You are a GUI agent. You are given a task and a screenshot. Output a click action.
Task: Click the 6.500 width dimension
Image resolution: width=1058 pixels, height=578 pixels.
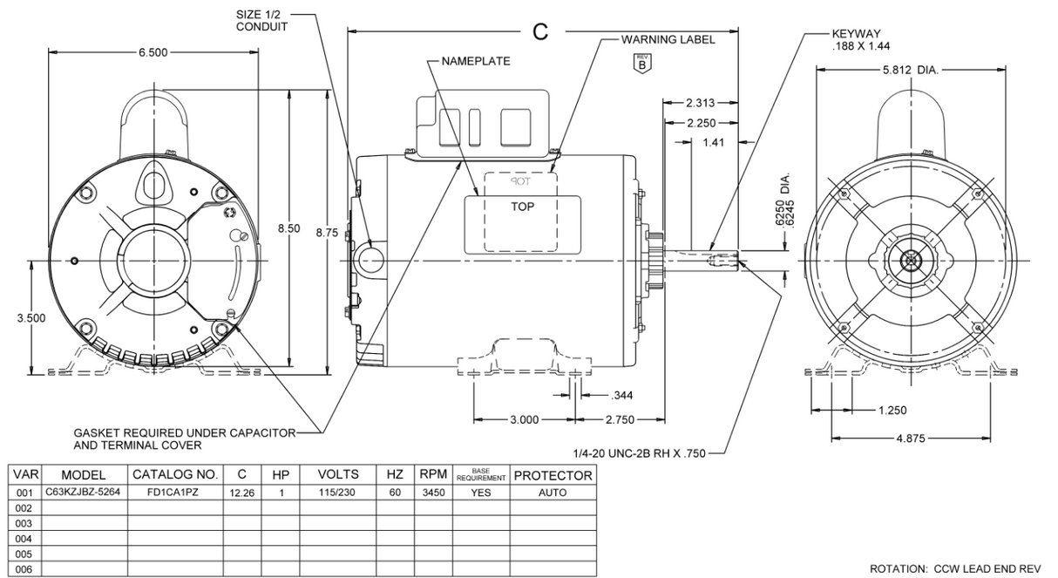point(157,53)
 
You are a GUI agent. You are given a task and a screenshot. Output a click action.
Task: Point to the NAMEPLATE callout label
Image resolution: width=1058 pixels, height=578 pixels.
point(476,62)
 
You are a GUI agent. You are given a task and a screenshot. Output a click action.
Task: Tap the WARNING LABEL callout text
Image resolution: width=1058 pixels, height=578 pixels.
point(668,40)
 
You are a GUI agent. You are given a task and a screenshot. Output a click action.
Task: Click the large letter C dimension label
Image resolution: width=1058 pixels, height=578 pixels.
point(540,32)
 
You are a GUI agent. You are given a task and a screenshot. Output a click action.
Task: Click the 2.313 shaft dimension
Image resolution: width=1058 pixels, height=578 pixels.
point(701,103)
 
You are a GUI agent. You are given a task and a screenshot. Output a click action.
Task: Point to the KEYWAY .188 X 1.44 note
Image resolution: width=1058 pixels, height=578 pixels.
point(861,41)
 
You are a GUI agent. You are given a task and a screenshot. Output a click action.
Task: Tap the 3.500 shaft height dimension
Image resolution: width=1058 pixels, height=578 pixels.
point(32,318)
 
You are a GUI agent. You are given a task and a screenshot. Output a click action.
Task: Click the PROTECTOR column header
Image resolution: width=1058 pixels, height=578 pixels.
point(553,476)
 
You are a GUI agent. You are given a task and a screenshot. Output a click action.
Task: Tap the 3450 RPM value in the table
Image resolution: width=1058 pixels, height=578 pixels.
point(428,493)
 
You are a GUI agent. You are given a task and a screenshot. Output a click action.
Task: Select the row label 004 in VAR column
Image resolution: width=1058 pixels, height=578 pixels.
point(24,539)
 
